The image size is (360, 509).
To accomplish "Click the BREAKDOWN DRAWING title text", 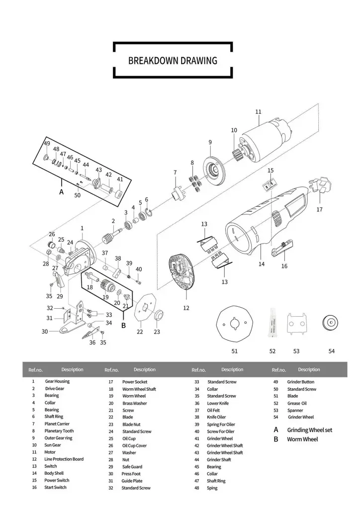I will click(173, 61).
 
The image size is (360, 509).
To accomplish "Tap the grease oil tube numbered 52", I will click(272, 323).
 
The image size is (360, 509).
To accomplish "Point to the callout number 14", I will click(262, 264).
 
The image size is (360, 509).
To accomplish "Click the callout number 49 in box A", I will click(47, 143).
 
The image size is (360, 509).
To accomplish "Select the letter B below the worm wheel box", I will click(123, 326).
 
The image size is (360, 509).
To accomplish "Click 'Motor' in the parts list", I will click(50, 452).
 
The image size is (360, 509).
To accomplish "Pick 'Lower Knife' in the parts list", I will click(217, 403).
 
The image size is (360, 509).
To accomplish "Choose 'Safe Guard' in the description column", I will click(132, 467).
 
